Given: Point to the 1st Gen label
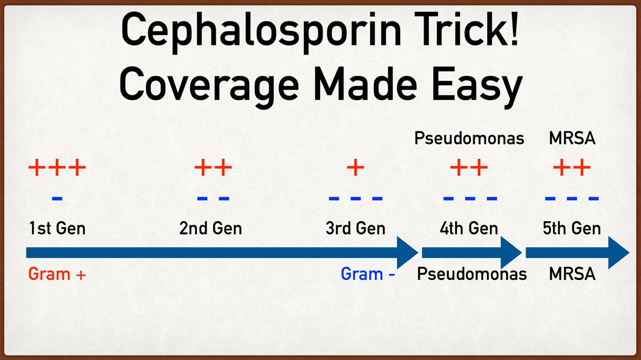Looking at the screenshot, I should pyautogui.click(x=57, y=229).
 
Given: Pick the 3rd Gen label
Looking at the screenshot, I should pyautogui.click(x=355, y=229).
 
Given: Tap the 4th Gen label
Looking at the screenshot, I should pyautogui.click(x=469, y=229).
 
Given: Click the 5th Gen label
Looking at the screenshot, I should pyautogui.click(x=572, y=229).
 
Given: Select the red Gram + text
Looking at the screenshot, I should pyautogui.click(x=57, y=275).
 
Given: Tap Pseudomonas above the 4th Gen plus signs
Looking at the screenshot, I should pyautogui.click(x=469, y=139).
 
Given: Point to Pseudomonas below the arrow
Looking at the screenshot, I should pyautogui.click(x=472, y=275).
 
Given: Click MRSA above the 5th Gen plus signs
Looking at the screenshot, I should pyautogui.click(x=572, y=139).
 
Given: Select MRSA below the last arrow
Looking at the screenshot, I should pyautogui.click(x=572, y=275).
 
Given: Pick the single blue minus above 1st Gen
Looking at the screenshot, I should pyautogui.click(x=57, y=199).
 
